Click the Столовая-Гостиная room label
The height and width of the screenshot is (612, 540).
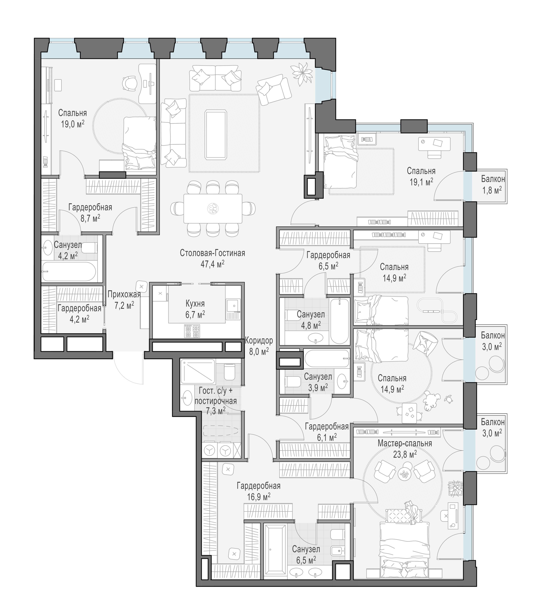tap(212, 253)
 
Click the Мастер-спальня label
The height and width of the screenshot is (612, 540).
tap(405, 443)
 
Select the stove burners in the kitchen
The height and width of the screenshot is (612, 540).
tap(192, 331)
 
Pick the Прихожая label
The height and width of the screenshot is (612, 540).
tap(124, 294)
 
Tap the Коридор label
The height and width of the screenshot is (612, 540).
tap(259, 341)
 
